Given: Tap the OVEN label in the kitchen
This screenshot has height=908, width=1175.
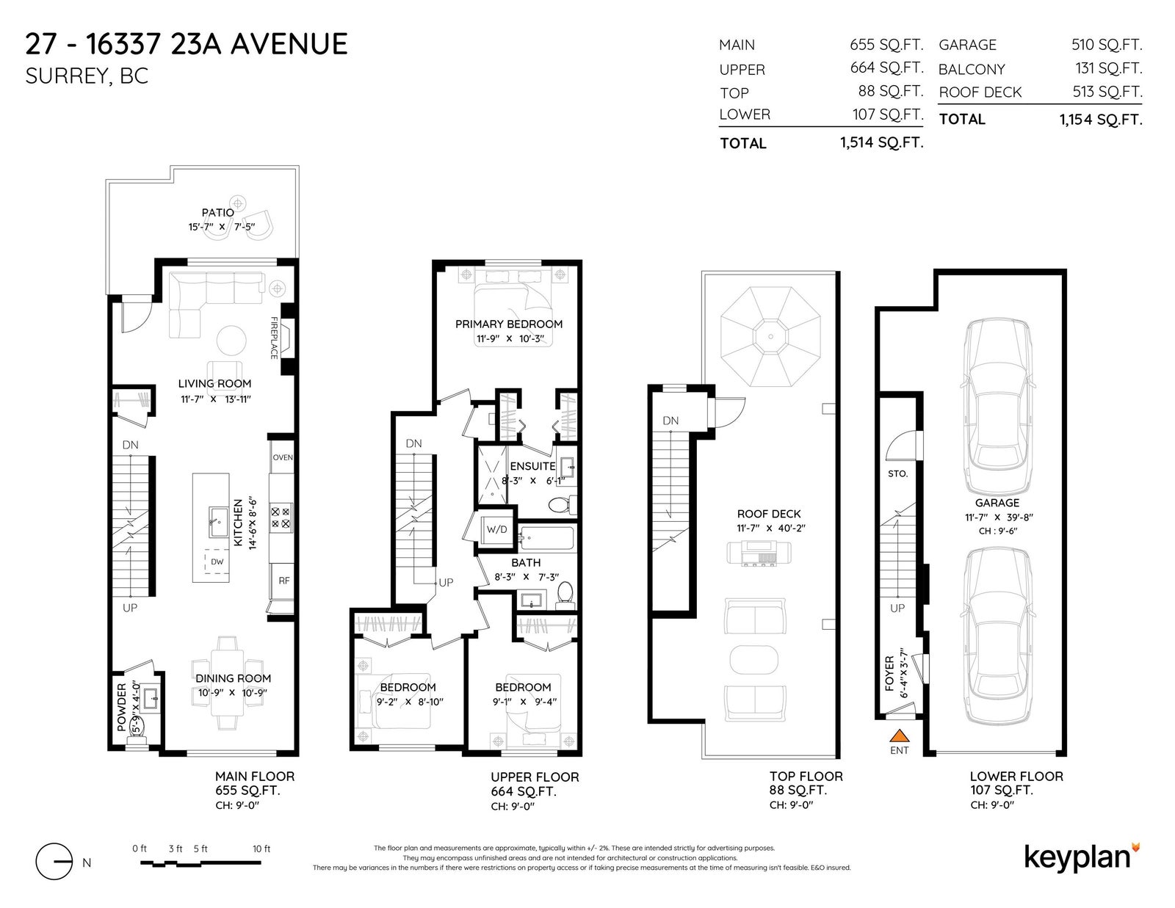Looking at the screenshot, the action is tap(282, 457).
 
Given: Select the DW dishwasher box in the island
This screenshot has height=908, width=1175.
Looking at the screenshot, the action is tap(217, 561).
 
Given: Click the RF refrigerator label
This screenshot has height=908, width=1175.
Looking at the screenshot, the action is tap(284, 581).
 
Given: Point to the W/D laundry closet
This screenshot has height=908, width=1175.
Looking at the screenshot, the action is tap(496, 530).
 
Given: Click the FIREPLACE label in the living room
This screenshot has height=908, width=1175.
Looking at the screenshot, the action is tap(274, 338).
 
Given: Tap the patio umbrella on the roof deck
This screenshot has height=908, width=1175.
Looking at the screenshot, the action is tap(770, 336).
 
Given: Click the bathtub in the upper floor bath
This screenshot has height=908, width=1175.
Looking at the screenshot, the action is tap(546, 538).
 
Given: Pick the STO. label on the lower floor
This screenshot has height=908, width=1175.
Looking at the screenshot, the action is tap(897, 473).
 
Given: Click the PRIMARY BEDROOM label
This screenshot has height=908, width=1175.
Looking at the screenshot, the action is tap(509, 324).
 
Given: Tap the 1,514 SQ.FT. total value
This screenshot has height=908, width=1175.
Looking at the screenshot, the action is tap(881, 142).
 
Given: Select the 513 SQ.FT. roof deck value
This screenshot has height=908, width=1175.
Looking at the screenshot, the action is tap(1107, 91).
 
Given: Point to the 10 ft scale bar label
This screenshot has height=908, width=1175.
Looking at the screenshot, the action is tap(261, 849).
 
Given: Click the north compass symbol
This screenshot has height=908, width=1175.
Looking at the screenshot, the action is tap(54, 861).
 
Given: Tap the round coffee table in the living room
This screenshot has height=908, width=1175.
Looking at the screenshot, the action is tap(231, 341).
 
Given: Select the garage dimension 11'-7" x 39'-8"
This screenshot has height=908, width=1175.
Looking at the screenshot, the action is tap(999, 517).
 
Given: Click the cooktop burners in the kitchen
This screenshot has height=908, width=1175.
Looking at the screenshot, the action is tap(280, 517).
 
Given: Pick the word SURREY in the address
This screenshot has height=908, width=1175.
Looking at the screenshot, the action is tap(67, 77).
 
